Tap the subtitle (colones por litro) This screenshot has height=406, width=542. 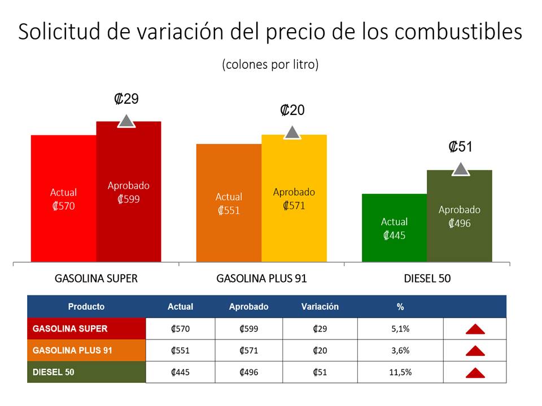(270, 64)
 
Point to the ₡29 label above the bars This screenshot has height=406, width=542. (126, 99)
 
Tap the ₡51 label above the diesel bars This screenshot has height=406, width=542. (460, 147)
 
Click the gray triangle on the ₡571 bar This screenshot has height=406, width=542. (292, 133)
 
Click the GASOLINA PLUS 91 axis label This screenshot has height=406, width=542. (261, 279)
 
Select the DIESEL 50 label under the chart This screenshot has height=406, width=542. (427, 279)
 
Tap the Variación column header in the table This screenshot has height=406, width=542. (320, 307)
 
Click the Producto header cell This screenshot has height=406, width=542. (86, 307)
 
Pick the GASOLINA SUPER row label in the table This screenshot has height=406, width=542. (70, 328)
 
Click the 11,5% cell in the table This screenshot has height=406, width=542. (400, 372)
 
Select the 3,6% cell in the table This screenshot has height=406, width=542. (400, 350)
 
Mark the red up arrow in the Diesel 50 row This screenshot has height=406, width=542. (475, 373)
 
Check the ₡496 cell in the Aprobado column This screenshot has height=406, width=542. (248, 372)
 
